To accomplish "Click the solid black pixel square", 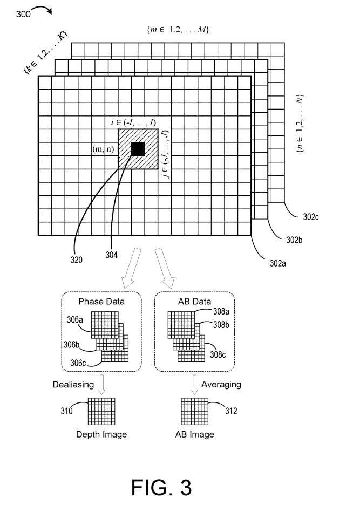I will coord(138,149).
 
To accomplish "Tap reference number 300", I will coord(23,15).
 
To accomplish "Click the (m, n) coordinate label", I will coord(103,149).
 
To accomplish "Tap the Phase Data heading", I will coord(101,302).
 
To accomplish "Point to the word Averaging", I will coord(221,385).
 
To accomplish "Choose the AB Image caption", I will coord(195,434).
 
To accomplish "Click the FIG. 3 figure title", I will coord(161,487).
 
